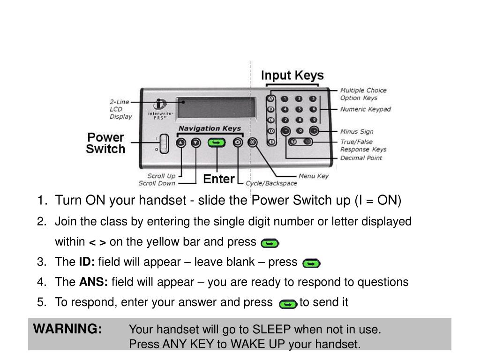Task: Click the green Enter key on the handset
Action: (x=216, y=143)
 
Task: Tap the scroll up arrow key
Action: (x=181, y=143)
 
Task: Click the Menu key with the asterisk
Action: (x=253, y=142)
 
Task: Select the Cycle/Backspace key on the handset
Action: (x=238, y=143)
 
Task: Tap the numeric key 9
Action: (x=313, y=120)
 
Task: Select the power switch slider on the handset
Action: (x=163, y=143)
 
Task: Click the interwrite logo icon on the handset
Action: (x=161, y=104)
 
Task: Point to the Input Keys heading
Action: (x=292, y=75)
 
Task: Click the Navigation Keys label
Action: (x=210, y=128)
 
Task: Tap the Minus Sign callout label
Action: (x=357, y=132)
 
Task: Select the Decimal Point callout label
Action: (x=361, y=158)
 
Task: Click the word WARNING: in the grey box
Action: (x=67, y=330)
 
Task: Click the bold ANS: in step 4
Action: (x=94, y=282)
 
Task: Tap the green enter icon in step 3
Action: (x=311, y=264)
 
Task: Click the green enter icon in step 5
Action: (x=287, y=304)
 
